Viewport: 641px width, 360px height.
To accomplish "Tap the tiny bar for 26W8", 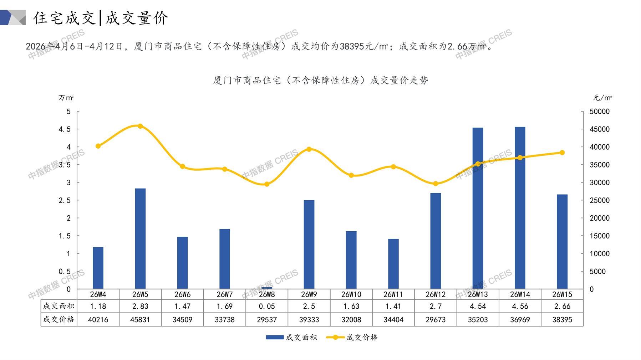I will pos(267,288).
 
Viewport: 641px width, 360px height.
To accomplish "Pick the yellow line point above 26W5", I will pos(140,126).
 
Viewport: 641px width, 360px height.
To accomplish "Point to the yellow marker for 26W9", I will pos(309,149).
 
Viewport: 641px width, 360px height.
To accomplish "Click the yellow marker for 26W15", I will pos(562,153).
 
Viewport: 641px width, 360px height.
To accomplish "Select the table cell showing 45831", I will pos(140,320).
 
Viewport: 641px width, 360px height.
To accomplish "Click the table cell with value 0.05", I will pos(267,306).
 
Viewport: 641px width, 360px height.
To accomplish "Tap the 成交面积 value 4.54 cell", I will pos(478,306).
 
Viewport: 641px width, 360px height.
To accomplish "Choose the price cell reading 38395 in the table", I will pos(562,320).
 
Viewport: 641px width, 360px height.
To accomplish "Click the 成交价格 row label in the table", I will pos(59,320).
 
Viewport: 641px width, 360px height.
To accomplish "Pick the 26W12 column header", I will pos(436,294).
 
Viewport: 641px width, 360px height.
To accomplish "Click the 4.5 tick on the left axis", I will pos(65,129).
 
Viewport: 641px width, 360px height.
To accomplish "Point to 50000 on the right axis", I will pos(600,112).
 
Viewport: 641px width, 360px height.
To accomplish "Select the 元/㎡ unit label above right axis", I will pos(602,98).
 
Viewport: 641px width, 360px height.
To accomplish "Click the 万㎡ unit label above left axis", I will pos(66,98).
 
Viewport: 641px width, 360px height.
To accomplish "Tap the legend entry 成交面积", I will pos(291,337).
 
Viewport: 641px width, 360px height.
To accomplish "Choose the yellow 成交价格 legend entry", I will pos(352,337).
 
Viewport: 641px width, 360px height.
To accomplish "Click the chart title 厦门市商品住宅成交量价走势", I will pos(320,80).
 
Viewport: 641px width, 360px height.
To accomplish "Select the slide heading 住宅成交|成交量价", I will pos(101,18).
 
